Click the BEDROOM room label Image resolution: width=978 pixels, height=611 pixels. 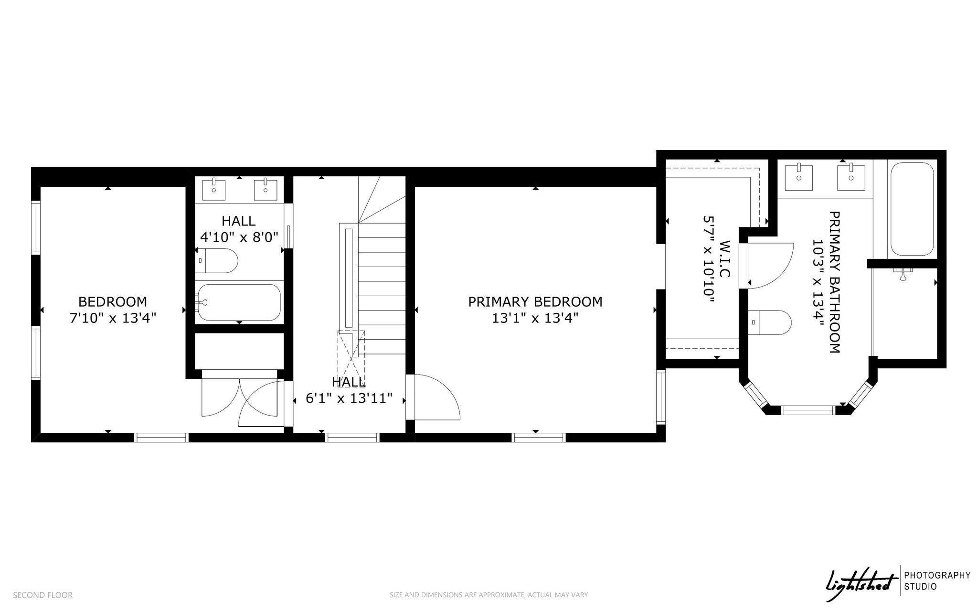pos(113,301)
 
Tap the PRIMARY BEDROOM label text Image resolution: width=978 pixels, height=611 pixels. pos(535,301)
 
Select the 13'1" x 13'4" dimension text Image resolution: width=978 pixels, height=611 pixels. pos(535,318)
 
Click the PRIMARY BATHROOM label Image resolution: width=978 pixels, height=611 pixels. pos(834,282)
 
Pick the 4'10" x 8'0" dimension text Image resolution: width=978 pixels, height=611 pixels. pos(239,237)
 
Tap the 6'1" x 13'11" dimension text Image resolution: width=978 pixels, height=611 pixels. pos(349,398)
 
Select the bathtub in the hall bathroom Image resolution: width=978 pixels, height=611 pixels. pos(239,302)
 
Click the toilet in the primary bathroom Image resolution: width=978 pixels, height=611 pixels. pos(769,322)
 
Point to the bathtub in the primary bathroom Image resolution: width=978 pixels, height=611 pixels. pos(912,209)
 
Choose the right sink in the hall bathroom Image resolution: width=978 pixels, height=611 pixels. pos(265,189)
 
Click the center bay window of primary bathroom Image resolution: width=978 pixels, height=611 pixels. pos(808,409)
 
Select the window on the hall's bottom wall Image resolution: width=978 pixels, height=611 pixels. pos(352,437)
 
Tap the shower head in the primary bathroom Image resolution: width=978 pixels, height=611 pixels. pos(902,274)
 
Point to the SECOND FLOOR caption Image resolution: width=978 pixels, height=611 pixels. pos(43,595)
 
